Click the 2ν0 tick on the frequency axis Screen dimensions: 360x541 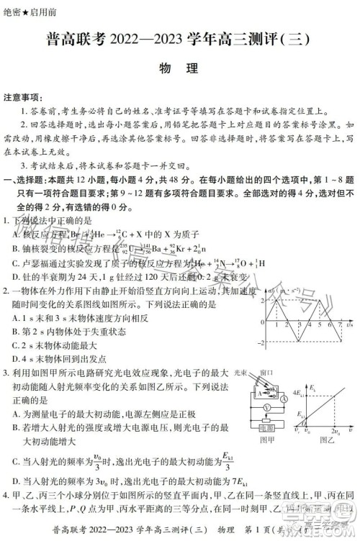335,431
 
